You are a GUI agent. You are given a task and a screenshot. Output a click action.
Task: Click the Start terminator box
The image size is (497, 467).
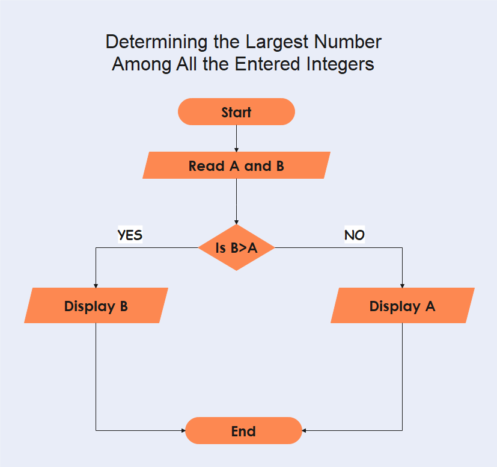pyautogui.click(x=236, y=112)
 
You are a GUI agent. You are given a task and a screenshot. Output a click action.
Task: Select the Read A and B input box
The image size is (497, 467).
pyautogui.click(x=236, y=165)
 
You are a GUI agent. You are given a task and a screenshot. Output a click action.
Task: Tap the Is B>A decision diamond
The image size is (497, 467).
pyautogui.click(x=236, y=247)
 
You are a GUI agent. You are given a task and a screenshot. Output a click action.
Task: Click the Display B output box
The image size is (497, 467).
pyautogui.click(x=96, y=306)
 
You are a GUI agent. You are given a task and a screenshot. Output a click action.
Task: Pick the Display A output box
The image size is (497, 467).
pyautogui.click(x=402, y=306)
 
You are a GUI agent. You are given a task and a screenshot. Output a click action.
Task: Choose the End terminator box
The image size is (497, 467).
pyautogui.click(x=243, y=431)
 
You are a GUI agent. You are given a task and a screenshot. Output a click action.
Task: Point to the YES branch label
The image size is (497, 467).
pyautogui.click(x=130, y=235)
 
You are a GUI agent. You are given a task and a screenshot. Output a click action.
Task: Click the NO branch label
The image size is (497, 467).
pyautogui.click(x=354, y=235)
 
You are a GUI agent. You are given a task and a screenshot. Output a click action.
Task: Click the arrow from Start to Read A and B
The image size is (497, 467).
pyautogui.click(x=236, y=138)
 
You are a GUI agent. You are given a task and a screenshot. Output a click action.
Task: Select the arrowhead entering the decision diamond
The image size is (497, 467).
pyautogui.click(x=236, y=221)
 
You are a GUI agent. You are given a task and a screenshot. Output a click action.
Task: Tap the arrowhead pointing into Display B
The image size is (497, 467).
pyautogui.click(x=96, y=285)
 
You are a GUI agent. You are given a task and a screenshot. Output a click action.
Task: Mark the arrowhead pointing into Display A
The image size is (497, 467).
pyautogui.click(x=402, y=285)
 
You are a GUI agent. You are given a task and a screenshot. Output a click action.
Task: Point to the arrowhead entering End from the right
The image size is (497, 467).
pyautogui.click(x=305, y=430)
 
